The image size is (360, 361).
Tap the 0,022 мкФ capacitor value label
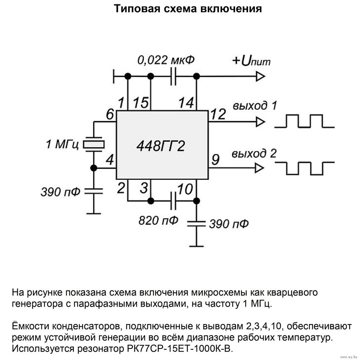166,60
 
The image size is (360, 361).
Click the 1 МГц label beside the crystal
62,145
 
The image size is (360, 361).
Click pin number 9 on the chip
215,160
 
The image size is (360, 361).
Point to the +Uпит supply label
251,61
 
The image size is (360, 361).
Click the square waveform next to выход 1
305,121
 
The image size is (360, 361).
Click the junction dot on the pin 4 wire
94,168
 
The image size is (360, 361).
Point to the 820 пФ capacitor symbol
173,200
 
